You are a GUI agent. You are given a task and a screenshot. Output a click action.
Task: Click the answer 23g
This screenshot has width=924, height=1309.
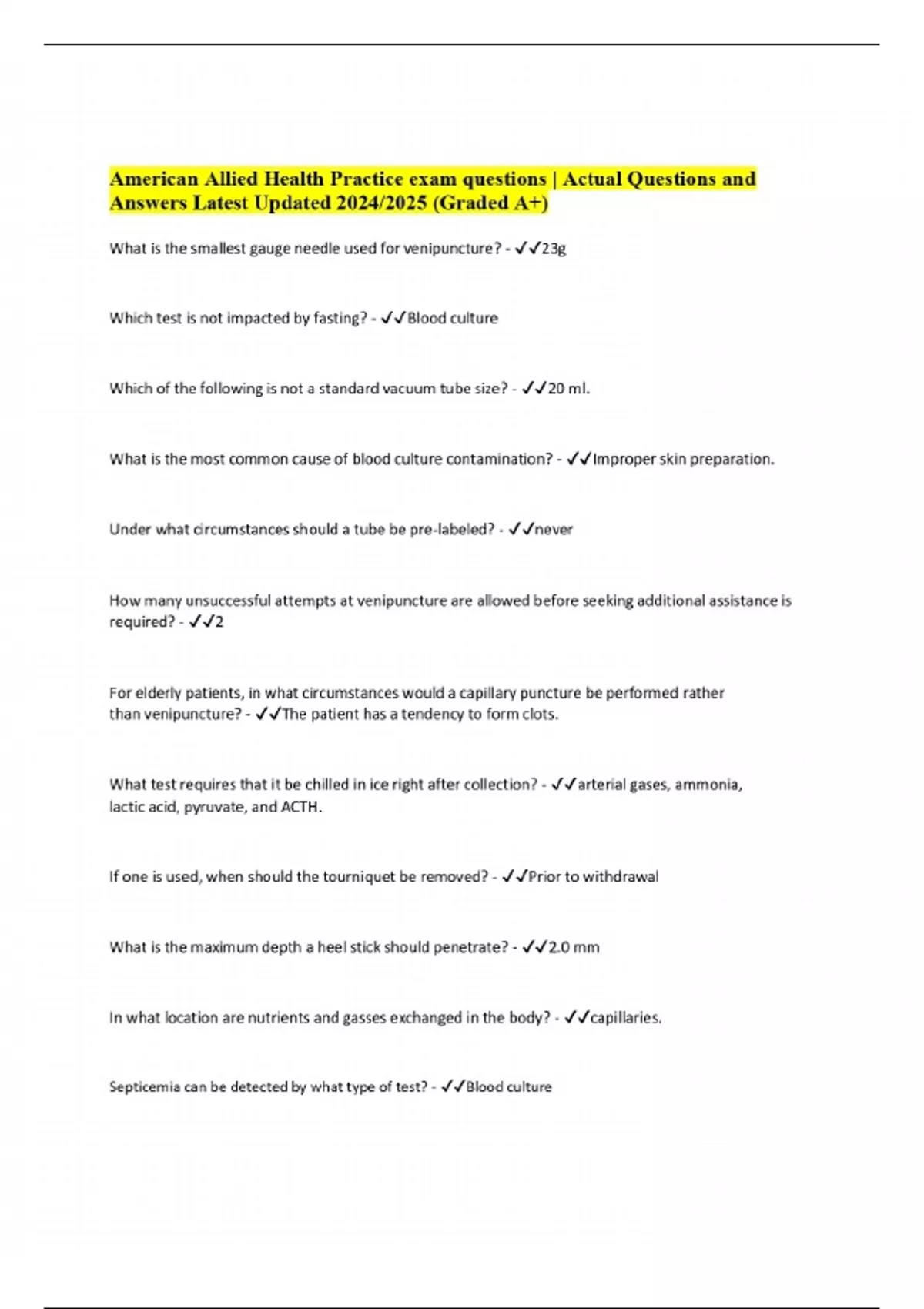coord(554,249)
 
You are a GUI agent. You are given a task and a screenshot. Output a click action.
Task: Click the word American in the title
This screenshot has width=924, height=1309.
coord(154,179)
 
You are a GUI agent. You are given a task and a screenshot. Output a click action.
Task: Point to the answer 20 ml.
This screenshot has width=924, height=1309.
coord(568,389)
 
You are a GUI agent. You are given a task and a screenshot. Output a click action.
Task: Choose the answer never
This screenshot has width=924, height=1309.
coord(554,530)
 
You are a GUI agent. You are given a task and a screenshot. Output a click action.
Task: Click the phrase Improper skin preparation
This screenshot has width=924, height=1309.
coord(683,460)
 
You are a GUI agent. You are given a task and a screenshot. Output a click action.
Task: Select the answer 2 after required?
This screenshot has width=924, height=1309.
coord(219,622)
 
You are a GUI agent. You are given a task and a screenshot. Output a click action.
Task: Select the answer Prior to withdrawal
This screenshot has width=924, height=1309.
coord(593,877)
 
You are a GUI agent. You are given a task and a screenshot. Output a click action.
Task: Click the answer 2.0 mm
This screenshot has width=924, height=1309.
coord(573,948)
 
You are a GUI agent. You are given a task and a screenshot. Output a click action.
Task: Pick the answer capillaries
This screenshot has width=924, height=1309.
coord(625,1018)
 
